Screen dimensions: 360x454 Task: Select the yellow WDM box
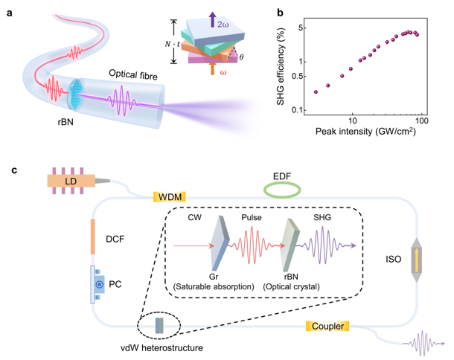[x=167, y=197]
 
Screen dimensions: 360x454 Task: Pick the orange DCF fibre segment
[x=93, y=235]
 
